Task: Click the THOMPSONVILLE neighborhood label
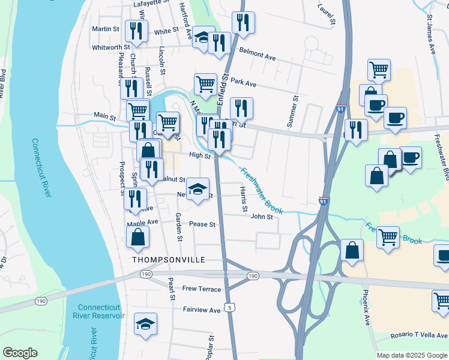point(169,260)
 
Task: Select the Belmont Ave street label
point(257,55)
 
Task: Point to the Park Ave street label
point(243,83)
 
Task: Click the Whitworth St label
point(110,47)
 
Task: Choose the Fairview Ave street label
point(202,310)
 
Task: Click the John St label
point(262,217)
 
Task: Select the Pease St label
point(202,224)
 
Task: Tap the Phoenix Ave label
point(366,308)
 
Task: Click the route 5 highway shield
point(229,308)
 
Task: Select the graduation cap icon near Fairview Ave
point(145,324)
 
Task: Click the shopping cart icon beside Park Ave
point(205,84)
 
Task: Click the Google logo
point(20,353)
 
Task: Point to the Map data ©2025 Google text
point(411,355)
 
